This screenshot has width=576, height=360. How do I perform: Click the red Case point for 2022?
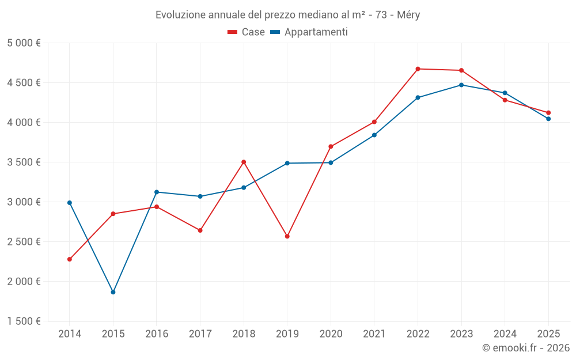point(418,69)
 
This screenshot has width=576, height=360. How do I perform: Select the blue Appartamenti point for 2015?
point(113,292)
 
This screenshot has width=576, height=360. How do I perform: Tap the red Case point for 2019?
point(287,236)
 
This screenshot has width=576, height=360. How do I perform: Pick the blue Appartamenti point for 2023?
point(461,85)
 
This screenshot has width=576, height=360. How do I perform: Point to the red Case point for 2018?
point(244,162)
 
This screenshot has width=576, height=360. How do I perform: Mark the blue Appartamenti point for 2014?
point(70,203)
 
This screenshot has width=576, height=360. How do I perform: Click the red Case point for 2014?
point(70,259)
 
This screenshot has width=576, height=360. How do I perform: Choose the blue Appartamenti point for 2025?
point(548,119)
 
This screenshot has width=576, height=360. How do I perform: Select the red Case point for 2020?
point(331,146)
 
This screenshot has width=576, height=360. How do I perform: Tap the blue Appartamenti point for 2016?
point(157,192)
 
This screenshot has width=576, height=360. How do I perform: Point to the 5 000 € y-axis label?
point(24,43)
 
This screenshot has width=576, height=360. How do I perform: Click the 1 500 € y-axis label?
point(24,321)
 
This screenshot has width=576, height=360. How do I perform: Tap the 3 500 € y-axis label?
point(24,162)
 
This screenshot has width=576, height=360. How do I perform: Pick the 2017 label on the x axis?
point(200,334)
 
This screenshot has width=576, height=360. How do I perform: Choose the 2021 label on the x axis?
point(374,334)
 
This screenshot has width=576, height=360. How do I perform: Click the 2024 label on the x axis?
point(505,334)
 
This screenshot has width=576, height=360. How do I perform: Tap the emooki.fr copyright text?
point(526,348)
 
